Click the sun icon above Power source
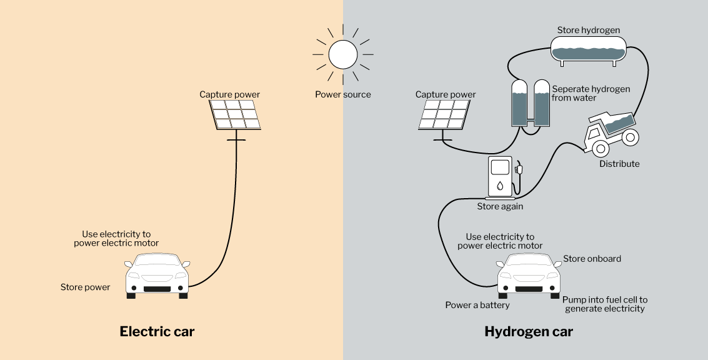343,54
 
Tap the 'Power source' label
343,94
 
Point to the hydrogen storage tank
589,49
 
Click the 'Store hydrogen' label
589,30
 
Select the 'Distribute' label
619,164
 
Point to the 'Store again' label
501,206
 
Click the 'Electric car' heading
157,331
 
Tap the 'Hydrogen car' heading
529,331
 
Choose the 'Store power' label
86,287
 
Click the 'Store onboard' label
592,259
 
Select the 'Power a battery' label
477,306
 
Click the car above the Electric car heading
157,276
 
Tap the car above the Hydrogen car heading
529,276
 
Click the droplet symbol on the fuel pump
500,185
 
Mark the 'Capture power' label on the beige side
230,94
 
